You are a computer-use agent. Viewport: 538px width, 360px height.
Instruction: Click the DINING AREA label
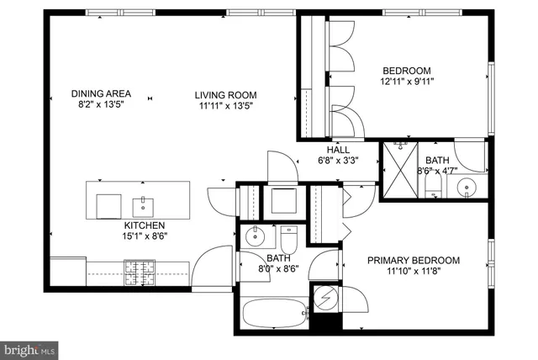point(100,94)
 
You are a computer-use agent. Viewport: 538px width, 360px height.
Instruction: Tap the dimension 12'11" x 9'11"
point(407,82)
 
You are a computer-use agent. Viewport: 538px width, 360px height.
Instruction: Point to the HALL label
point(326,150)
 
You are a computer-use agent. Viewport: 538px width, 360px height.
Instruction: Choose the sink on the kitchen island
point(144,204)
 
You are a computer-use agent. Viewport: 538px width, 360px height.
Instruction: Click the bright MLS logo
point(29,347)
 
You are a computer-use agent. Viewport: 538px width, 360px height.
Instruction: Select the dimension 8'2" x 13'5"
point(100,106)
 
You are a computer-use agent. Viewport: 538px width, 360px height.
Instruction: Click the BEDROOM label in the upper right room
point(407,71)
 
